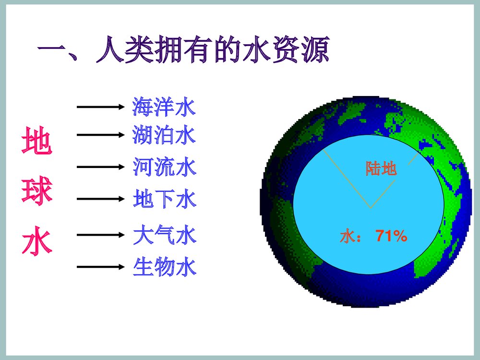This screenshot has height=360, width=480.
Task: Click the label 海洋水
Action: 164,107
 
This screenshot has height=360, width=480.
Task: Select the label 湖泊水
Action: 164,135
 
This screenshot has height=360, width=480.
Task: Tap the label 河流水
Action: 164,167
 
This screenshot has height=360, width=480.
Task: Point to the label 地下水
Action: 164,199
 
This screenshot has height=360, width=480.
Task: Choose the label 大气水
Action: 164,236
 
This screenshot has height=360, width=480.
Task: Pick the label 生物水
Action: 164,267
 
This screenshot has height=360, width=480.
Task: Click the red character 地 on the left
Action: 36,143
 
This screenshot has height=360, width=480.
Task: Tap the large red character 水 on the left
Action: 36,242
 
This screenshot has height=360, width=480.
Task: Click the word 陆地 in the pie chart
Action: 382,168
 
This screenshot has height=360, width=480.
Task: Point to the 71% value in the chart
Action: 391,236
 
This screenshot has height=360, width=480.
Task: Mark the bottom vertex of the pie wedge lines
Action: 371,208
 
